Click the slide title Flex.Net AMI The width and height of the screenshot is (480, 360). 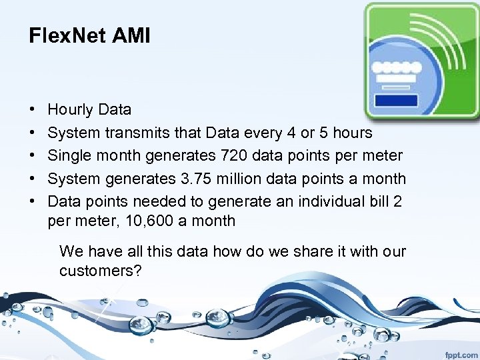coord(89,35)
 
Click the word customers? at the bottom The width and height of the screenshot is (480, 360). coord(100,271)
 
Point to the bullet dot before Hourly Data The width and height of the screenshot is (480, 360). coord(33,110)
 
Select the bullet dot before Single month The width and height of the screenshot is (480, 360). coord(33,156)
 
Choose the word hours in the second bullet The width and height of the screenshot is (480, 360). coord(352,133)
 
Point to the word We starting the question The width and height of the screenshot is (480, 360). coord(70,252)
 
